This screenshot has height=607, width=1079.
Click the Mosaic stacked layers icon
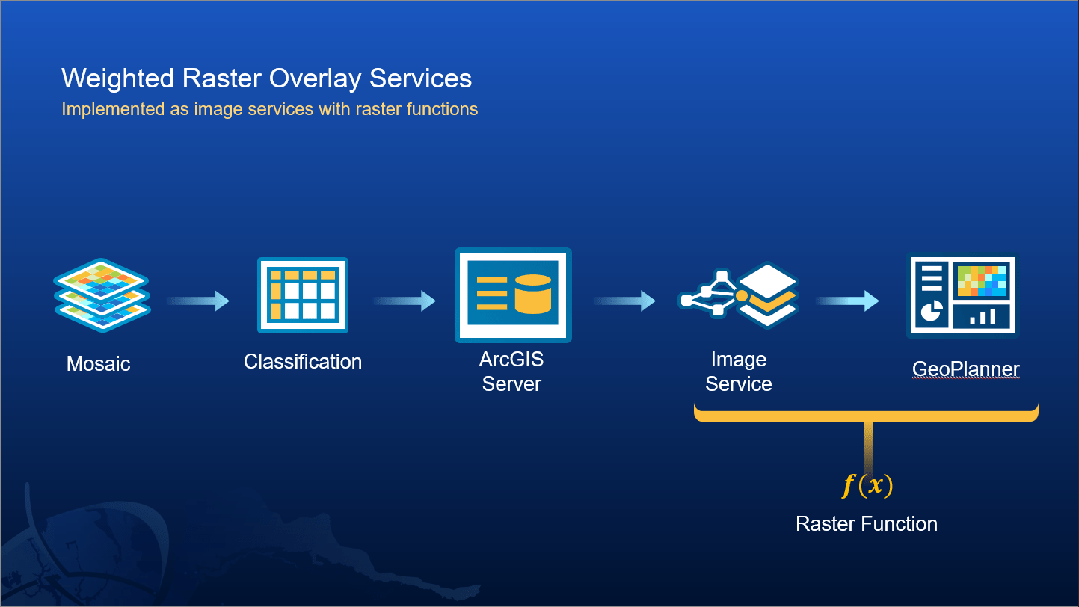(x=102, y=295)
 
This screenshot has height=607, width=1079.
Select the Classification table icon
(x=302, y=295)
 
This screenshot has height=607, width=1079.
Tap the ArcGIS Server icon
(x=513, y=295)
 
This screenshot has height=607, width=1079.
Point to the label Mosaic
(x=99, y=364)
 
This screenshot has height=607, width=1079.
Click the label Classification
(x=303, y=362)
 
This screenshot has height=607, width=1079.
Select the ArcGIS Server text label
(x=511, y=372)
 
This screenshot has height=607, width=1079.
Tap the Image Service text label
(x=739, y=372)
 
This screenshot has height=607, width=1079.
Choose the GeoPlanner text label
(x=965, y=369)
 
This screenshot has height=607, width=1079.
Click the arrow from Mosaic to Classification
(x=198, y=301)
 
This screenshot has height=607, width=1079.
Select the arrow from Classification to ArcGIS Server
(x=405, y=301)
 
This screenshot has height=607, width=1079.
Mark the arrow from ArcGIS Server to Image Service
(x=625, y=301)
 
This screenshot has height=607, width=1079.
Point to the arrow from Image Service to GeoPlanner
(x=847, y=301)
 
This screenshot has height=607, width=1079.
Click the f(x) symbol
(x=867, y=486)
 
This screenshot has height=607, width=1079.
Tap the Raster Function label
(x=867, y=523)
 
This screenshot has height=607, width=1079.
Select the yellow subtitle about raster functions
(x=269, y=109)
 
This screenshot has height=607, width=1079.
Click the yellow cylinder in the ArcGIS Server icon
(x=533, y=293)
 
